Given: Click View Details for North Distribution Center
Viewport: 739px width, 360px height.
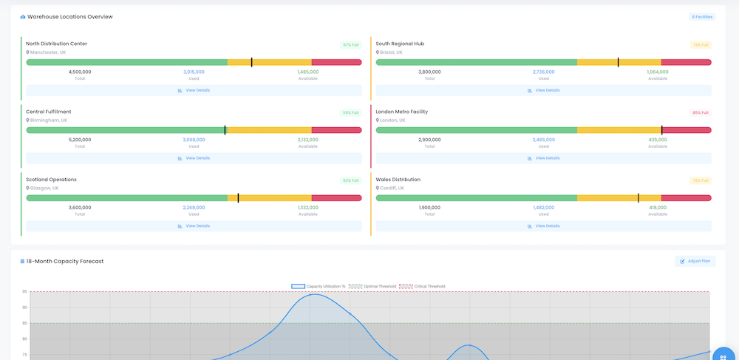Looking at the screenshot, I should click(194, 90).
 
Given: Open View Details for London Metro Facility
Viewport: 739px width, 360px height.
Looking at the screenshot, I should click(543, 158).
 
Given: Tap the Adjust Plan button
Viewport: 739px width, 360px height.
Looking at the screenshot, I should click(695, 261).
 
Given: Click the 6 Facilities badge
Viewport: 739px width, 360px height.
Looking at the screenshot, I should click(702, 16).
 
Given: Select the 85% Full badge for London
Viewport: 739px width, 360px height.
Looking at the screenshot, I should click(701, 112).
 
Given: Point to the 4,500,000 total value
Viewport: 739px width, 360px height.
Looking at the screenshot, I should click(80, 72).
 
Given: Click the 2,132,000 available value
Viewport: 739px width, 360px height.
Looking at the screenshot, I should click(307, 140).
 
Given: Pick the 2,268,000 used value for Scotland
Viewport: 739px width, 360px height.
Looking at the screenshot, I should click(194, 208).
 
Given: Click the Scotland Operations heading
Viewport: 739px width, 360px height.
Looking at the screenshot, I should click(51, 180).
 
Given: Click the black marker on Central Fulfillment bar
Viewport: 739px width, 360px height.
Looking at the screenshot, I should click(225, 130).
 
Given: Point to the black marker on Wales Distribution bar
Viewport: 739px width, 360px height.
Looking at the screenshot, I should click(638, 198).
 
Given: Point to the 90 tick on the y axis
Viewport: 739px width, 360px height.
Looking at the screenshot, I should click(24, 308).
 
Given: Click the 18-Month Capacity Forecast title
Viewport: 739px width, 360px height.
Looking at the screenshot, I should click(64, 261).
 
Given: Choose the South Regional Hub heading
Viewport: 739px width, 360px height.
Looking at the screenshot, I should click(400, 44).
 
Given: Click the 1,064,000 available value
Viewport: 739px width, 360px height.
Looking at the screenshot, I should click(657, 72).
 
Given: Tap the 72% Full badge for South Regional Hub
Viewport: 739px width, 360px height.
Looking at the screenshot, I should click(701, 44).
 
